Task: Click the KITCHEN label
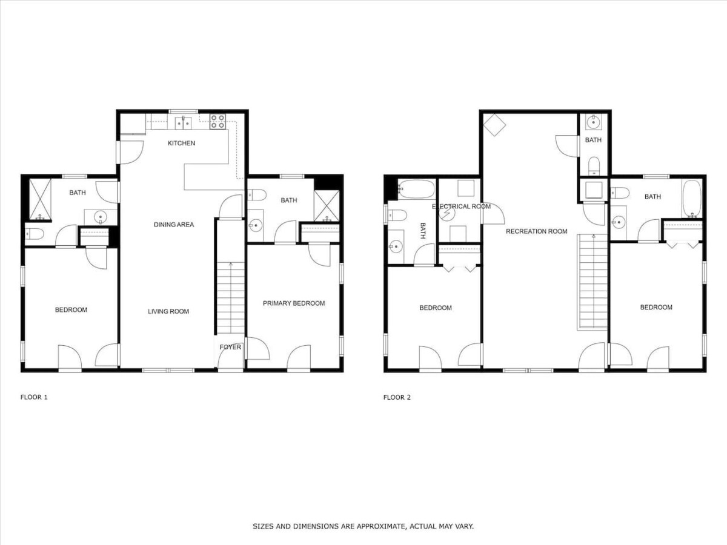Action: click(182, 144)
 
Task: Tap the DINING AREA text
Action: click(174, 225)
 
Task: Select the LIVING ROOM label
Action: click(168, 311)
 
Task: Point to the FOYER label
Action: click(231, 347)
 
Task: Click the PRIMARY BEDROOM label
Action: click(294, 303)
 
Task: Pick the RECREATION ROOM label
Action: click(537, 231)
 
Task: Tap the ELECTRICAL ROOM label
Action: click(461, 206)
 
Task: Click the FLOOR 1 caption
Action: click(34, 397)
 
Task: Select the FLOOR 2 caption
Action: click(397, 397)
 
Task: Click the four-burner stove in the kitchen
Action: click(218, 122)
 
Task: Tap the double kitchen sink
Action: click(183, 123)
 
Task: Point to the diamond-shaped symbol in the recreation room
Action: click(494, 125)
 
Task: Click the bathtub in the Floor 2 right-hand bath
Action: click(692, 199)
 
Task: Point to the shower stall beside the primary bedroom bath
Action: click(327, 206)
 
